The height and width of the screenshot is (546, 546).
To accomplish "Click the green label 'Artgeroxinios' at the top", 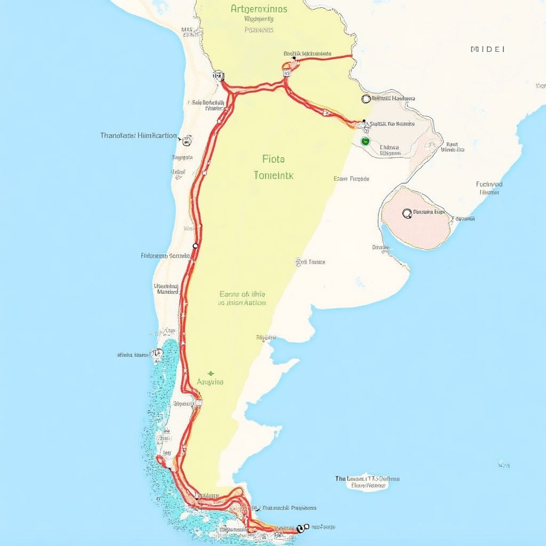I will pyautogui.click(x=259, y=9).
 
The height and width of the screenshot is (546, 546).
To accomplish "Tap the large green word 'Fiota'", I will pyautogui.click(x=274, y=159).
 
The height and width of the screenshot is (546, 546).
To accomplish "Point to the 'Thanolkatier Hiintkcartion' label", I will pyautogui.click(x=139, y=135).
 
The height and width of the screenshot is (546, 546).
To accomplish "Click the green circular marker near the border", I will pyautogui.click(x=365, y=141).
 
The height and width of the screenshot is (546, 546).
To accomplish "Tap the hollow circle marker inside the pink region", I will pyautogui.click(x=407, y=213).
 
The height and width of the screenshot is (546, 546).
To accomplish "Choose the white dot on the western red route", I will pyautogui.click(x=195, y=246).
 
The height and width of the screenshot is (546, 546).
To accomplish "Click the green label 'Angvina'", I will pyautogui.click(x=210, y=382).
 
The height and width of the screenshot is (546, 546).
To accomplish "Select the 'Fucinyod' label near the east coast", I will pyautogui.click(x=489, y=184).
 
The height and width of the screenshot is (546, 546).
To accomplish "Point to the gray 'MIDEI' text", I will pyautogui.click(x=488, y=49).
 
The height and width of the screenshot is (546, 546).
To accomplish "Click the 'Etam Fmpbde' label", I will pyautogui.click(x=351, y=179).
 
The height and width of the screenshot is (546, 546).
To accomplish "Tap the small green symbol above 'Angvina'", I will pyautogui.click(x=211, y=373).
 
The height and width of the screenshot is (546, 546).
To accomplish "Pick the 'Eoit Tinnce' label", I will pyautogui.click(x=310, y=262).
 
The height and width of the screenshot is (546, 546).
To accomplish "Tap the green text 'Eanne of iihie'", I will pyautogui.click(x=243, y=294).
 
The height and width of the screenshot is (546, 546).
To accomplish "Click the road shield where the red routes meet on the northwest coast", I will pyautogui.click(x=218, y=76).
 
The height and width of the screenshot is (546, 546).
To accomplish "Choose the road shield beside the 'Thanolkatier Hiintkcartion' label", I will pyautogui.click(x=187, y=141).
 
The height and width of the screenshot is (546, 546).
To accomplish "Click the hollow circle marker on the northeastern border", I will pyautogui.click(x=366, y=99).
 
